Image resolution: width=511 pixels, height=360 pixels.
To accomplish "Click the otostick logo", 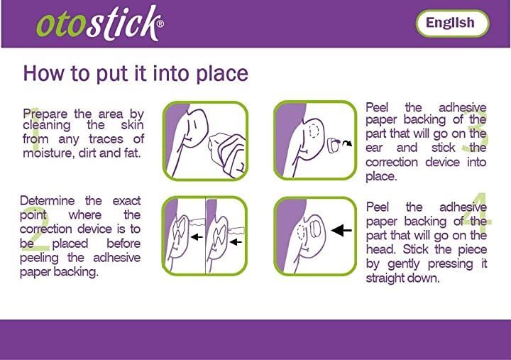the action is click(x=100, y=23).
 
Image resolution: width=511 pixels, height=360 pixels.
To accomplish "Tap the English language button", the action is click(x=452, y=23).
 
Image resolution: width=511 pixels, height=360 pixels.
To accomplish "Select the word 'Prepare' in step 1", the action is click(x=45, y=114).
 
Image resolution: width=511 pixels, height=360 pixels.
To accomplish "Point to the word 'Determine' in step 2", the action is click(x=48, y=200).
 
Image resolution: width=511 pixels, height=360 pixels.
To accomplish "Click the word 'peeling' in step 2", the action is click(x=39, y=258).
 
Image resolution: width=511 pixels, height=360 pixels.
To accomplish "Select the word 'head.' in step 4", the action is click(x=380, y=249).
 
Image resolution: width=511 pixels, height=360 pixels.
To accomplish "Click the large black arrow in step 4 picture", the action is click(x=341, y=230).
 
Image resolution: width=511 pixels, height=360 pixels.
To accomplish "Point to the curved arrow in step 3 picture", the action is click(x=348, y=143).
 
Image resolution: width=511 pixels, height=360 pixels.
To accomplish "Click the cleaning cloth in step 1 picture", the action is click(x=227, y=153).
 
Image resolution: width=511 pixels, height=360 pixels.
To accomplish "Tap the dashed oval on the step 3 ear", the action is click(x=314, y=131).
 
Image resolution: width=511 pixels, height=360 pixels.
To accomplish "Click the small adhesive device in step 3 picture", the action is click(x=334, y=146).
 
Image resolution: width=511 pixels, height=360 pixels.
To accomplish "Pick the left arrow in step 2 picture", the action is click(x=197, y=236).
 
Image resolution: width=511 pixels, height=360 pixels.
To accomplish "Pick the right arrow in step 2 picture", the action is click(x=236, y=242).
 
